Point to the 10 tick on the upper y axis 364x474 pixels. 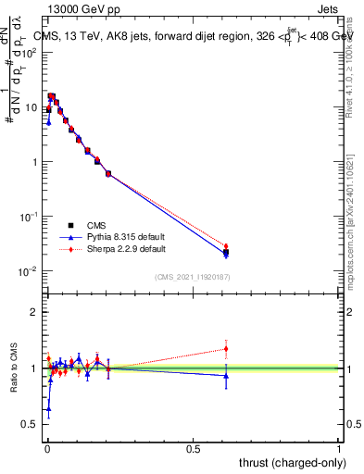[32, 107]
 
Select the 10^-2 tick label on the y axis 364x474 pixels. [31, 271]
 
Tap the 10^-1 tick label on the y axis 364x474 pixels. [31, 217]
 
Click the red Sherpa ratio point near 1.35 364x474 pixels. [226, 349]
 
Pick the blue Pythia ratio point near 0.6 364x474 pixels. [48, 408]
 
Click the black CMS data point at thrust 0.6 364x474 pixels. [226, 252]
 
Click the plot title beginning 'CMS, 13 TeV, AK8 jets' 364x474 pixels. [190, 36]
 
